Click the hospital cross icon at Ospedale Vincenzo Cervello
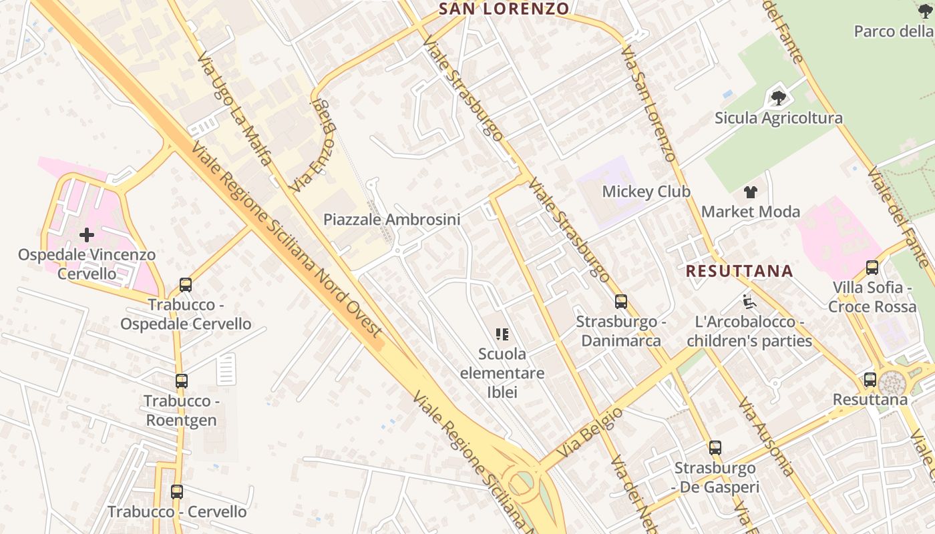coord(87,235)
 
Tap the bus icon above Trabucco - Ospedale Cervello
coord(186,285)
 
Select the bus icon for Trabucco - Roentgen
coord(182,381)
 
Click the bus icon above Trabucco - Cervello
coord(177,492)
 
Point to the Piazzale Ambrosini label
coord(392,220)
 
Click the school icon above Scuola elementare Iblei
coord(502,334)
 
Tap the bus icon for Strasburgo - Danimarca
coord(621,302)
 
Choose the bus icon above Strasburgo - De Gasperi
coord(715,448)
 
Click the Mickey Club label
coord(646,192)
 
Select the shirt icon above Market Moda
coord(751,192)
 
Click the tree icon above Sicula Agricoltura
coord(778,98)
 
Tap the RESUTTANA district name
coord(739,271)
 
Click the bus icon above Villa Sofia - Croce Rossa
coord(872,268)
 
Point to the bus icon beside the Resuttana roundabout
coord(870,380)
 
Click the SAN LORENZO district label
coord(504,9)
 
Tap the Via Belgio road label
coord(590,432)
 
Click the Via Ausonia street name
coord(765,437)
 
